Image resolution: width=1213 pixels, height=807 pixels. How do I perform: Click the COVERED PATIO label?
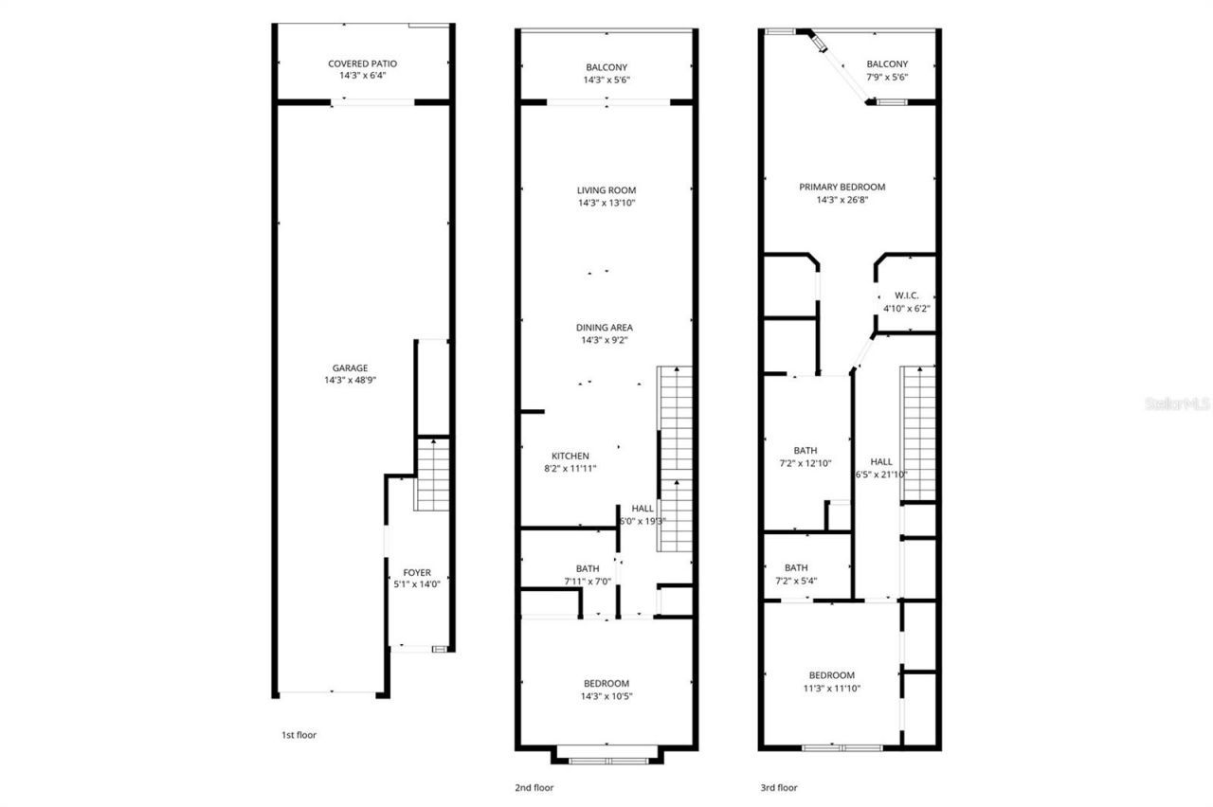coord(362,63)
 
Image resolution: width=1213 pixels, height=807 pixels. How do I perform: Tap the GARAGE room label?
coord(350,368)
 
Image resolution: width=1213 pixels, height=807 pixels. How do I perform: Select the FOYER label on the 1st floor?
coord(417,573)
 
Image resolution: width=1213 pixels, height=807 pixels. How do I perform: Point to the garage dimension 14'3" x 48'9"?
coord(350,380)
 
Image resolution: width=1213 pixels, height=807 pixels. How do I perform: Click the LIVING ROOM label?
coord(606,190)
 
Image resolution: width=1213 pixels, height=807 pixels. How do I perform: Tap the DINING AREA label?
coord(606,328)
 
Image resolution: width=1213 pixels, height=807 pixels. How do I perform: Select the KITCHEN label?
coord(570,456)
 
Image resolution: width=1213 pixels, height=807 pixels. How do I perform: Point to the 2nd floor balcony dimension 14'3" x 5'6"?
coord(606,80)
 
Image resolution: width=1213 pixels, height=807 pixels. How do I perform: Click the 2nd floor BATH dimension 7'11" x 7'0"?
coord(588,581)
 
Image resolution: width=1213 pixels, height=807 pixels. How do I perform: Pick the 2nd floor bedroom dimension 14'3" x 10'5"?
coord(606,696)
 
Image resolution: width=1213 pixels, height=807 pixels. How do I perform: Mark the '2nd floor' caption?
coord(534,787)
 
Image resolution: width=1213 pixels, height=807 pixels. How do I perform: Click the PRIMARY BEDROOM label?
coord(842,187)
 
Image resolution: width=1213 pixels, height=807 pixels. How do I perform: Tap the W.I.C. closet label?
coord(906,296)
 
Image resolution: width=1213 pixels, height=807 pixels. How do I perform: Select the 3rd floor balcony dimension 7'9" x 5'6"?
coord(887,77)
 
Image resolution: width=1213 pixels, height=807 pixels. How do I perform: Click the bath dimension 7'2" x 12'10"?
coord(806,463)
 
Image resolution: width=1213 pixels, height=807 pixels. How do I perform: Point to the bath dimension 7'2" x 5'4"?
coord(796,581)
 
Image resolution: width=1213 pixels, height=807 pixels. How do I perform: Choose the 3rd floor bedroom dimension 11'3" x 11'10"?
coord(831,689)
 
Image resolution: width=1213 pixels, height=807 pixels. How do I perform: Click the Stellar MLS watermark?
coord(1177,403)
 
